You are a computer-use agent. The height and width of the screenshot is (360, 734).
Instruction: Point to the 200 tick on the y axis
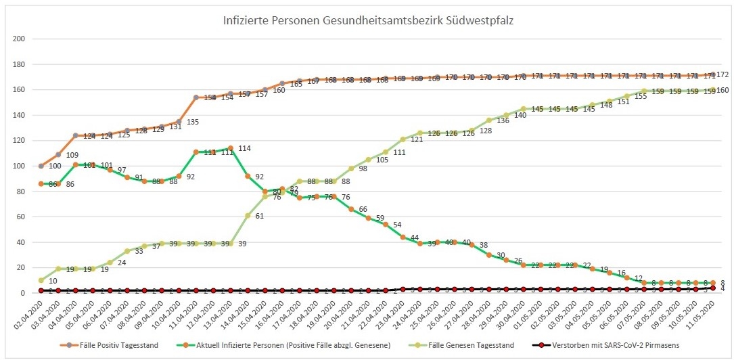coord(19,39)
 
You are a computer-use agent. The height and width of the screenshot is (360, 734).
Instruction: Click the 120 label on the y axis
coord(19,141)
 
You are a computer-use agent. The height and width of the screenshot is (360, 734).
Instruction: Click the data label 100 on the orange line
coord(54,166)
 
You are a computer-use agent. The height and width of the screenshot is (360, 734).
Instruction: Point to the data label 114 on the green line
coord(244,148)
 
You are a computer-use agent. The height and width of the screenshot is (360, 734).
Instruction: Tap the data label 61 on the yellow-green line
coord(260,216)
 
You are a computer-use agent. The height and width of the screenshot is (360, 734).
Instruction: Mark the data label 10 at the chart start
coord(53,281)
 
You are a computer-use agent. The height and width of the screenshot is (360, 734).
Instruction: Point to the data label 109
coord(72,155)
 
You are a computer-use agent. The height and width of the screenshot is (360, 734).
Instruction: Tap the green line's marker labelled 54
coord(386,224)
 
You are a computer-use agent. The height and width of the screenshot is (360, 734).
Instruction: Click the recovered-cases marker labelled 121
coord(403,139)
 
